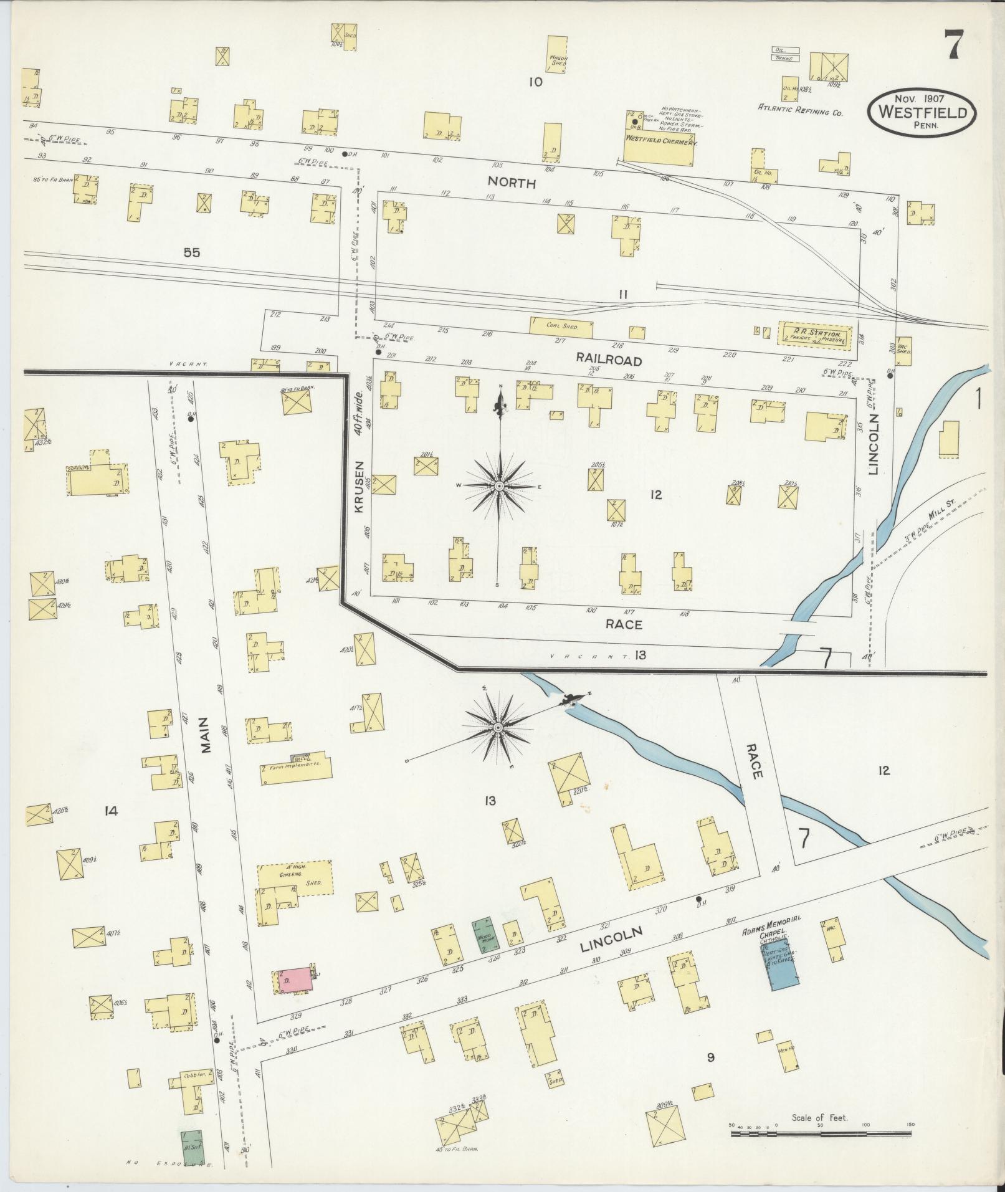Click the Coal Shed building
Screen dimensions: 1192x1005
[561, 325]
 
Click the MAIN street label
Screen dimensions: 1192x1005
[207, 735]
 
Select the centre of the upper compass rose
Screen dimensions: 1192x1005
[499, 485]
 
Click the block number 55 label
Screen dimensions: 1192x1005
[192, 252]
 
